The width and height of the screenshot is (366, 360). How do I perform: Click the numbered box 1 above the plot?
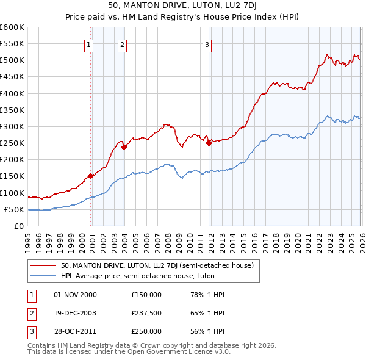(89, 44)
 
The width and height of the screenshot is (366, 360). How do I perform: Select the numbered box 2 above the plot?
(122, 44)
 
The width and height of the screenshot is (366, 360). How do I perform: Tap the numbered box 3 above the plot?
(207, 44)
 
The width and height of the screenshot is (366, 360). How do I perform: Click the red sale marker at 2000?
(91, 176)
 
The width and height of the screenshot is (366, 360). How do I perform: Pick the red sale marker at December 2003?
(124, 147)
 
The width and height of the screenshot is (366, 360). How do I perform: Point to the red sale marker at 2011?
(209, 143)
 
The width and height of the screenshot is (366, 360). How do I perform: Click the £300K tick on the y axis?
(12, 127)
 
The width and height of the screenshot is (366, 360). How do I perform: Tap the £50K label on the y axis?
(14, 210)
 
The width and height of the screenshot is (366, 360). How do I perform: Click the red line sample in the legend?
(44, 265)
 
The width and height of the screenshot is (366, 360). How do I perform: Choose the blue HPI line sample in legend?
(44, 276)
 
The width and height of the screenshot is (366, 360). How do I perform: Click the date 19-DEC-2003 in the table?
(75, 313)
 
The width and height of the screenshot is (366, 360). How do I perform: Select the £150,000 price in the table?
(146, 295)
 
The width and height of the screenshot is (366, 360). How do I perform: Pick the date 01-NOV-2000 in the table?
(75, 295)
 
